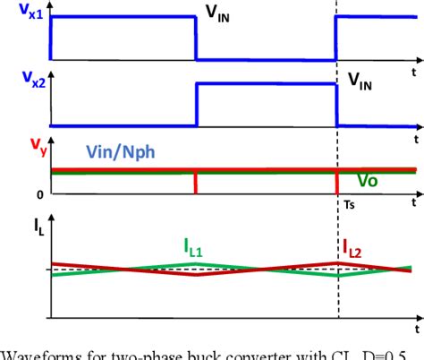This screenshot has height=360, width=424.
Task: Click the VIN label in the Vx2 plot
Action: click(x=362, y=86)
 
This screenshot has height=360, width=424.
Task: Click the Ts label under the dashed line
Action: click(x=351, y=204)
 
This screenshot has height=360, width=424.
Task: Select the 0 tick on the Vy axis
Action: click(x=39, y=193)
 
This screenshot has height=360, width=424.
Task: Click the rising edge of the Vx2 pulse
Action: click(x=196, y=106)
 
